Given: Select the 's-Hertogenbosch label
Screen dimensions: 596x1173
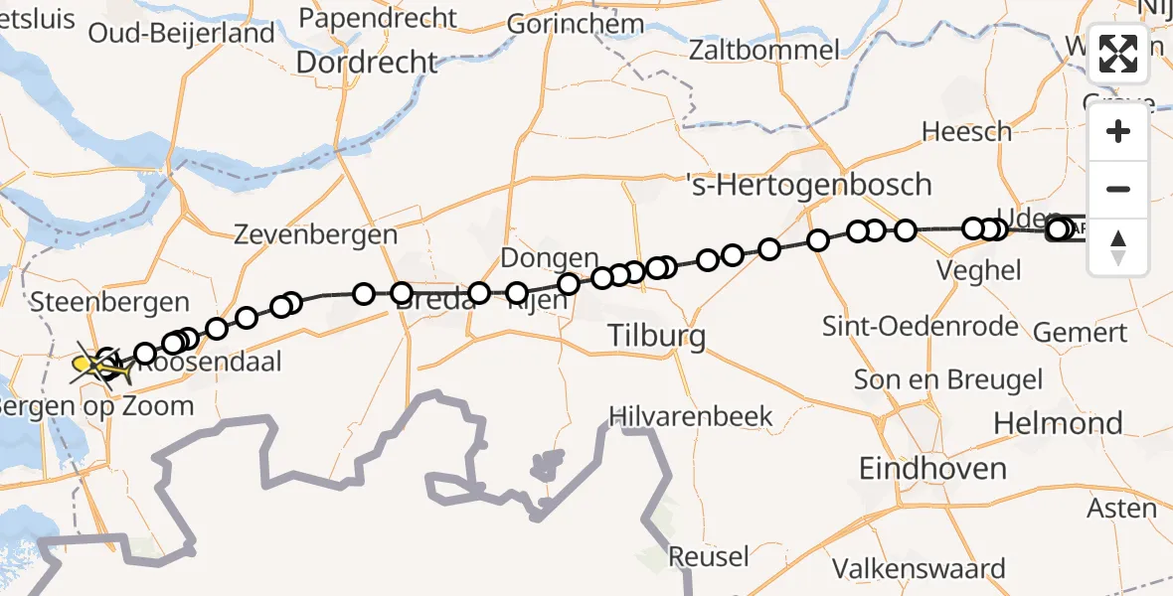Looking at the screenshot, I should (809, 184).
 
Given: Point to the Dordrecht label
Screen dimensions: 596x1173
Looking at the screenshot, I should (366, 63).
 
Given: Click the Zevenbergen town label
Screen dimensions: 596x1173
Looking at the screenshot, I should (315, 235).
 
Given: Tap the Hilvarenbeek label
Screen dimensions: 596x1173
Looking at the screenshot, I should (691, 415).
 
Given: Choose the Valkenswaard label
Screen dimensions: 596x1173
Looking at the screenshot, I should (919, 569).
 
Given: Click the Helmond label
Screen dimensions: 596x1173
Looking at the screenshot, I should (1058, 423).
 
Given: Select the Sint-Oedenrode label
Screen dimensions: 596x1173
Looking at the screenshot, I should (921, 326).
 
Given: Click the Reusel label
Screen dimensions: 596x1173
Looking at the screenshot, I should (708, 556).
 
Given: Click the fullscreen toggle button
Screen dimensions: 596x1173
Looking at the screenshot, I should (1118, 54).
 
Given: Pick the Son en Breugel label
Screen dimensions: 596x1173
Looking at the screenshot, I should (948, 379).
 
